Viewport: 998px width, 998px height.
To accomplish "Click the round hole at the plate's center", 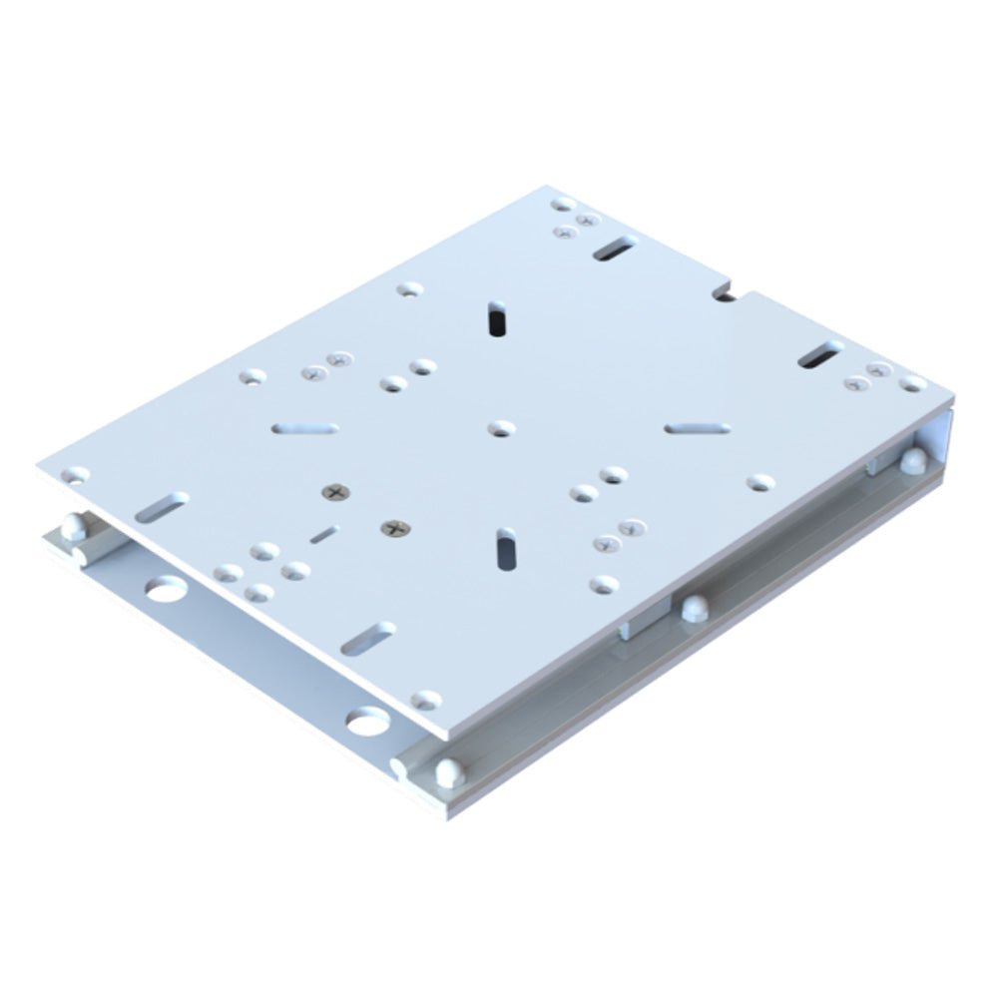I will coord(498,428).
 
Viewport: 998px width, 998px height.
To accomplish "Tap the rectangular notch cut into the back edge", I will coord(726,291).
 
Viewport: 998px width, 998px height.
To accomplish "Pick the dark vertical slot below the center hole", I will coord(506,549).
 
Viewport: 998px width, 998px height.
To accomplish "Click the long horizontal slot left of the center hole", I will coord(304,429).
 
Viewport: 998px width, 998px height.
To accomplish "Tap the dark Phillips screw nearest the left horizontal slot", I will coord(334,491).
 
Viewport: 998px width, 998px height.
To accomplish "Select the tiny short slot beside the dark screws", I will coord(323,536).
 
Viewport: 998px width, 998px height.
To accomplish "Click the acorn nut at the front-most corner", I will coord(448,771).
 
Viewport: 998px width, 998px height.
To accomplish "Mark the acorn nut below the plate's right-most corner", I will coord(911,460).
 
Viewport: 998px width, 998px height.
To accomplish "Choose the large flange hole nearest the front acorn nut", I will coord(366,719).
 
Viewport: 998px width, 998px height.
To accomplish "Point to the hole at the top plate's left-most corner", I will coord(76,475).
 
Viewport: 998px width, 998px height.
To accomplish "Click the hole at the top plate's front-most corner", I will coord(427,700).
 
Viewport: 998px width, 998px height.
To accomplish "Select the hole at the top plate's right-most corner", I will coord(912,383).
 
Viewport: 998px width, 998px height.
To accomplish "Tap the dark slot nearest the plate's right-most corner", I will coord(821,354).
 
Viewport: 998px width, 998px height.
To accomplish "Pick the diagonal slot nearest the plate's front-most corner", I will coord(368,639).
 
